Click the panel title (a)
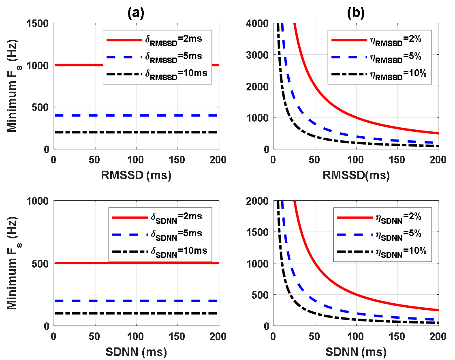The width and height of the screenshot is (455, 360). [136, 13]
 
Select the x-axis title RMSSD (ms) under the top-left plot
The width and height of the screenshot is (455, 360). [136, 175]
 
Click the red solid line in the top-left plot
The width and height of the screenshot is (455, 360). [81, 65]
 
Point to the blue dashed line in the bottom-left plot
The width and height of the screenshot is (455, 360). [81, 301]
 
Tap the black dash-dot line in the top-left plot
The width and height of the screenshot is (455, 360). [81, 133]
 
